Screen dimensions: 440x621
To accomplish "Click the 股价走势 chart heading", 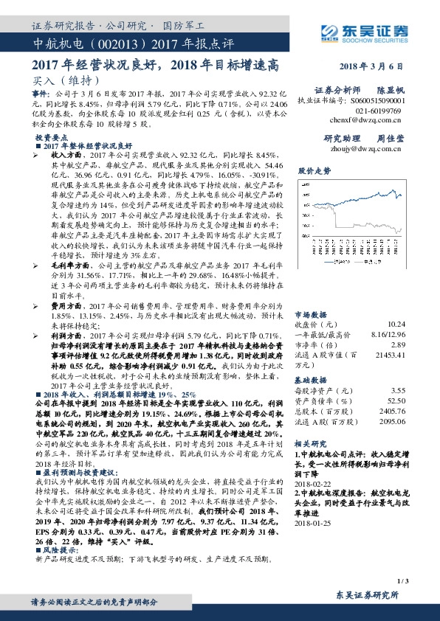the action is point(316,170).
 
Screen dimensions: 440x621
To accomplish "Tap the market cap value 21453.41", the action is point(411,375).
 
